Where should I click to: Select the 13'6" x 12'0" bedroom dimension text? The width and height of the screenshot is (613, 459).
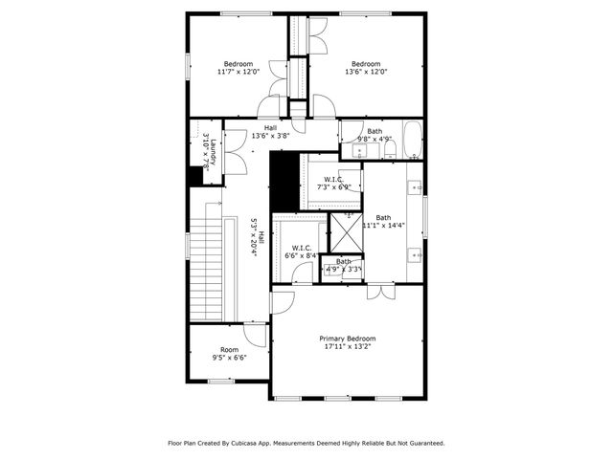point(365,72)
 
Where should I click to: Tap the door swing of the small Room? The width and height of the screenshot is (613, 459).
point(255,335)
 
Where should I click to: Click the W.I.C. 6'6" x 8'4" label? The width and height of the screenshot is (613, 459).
point(301,251)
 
